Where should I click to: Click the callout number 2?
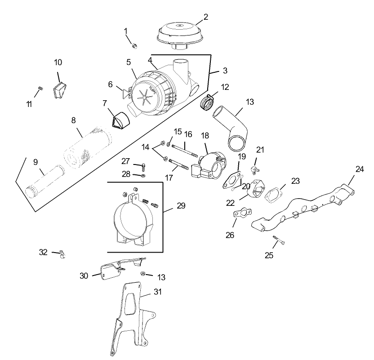[x=205, y=17]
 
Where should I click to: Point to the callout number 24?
[x=359, y=169]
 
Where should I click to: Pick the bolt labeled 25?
[x=279, y=241]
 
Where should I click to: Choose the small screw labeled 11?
[x=40, y=88]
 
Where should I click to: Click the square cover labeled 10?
[x=59, y=91]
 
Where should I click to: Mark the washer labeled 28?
[x=142, y=175]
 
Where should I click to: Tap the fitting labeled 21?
[x=254, y=170]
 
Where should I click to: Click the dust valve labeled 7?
[x=120, y=121]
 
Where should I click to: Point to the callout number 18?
[x=205, y=135]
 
